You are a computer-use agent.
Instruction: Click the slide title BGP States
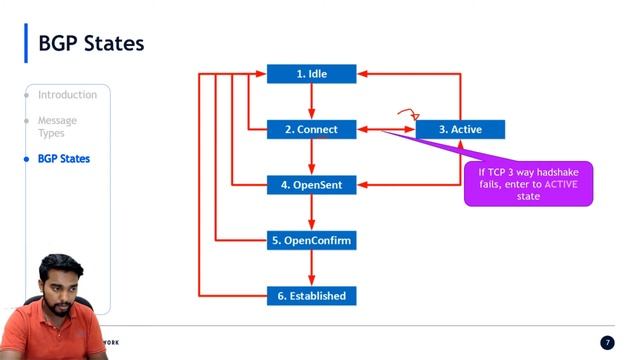pyautogui.click(x=91, y=44)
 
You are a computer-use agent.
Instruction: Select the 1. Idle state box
pyautogui.click(x=312, y=74)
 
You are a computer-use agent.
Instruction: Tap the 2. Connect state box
pyautogui.click(x=312, y=129)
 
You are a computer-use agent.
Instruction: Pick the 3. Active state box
pyautogui.click(x=460, y=129)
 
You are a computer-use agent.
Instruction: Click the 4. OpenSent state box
pyautogui.click(x=312, y=185)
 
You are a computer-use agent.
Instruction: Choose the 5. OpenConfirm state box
pyautogui.click(x=312, y=241)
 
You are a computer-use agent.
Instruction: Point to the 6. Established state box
pyautogui.click(x=312, y=296)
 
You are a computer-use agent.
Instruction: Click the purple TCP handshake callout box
pyautogui.click(x=528, y=184)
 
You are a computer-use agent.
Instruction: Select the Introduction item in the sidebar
pyautogui.click(x=67, y=95)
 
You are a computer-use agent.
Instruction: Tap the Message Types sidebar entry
pyautogui.click(x=57, y=127)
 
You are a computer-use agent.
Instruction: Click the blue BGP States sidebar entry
pyautogui.click(x=63, y=159)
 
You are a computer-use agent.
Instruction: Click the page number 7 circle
pyautogui.click(x=607, y=343)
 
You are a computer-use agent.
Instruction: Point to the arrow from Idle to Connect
pyautogui.click(x=312, y=101)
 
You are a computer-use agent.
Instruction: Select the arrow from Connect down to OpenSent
pyautogui.click(x=312, y=157)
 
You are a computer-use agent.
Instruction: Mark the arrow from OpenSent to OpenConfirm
pyautogui.click(x=312, y=213)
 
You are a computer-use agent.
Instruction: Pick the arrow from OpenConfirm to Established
pyautogui.click(x=312, y=268)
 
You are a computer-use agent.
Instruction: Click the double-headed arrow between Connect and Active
pyautogui.click(x=386, y=129)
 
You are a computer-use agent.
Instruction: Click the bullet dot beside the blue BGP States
pyautogui.click(x=27, y=159)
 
